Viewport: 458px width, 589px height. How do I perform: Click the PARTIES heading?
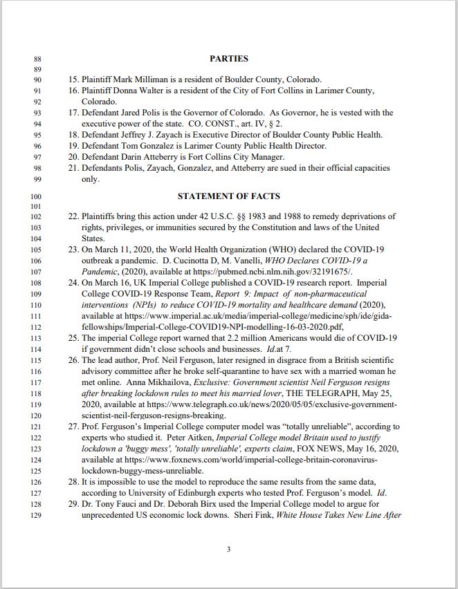[x=228, y=59]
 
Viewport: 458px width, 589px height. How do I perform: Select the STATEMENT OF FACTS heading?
[x=228, y=196]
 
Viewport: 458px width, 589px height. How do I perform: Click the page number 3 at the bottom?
[x=228, y=549]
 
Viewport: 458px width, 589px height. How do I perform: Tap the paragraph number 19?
[x=73, y=146]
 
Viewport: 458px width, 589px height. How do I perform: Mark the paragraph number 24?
[x=73, y=283]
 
